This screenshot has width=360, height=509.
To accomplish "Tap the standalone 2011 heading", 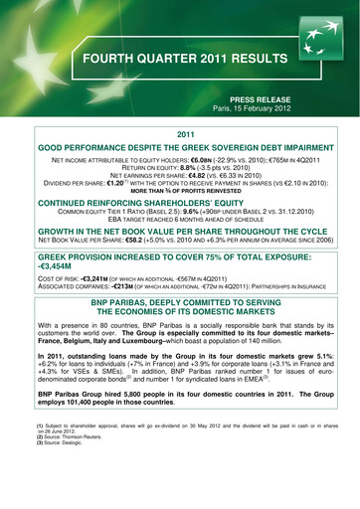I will click(180, 146).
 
